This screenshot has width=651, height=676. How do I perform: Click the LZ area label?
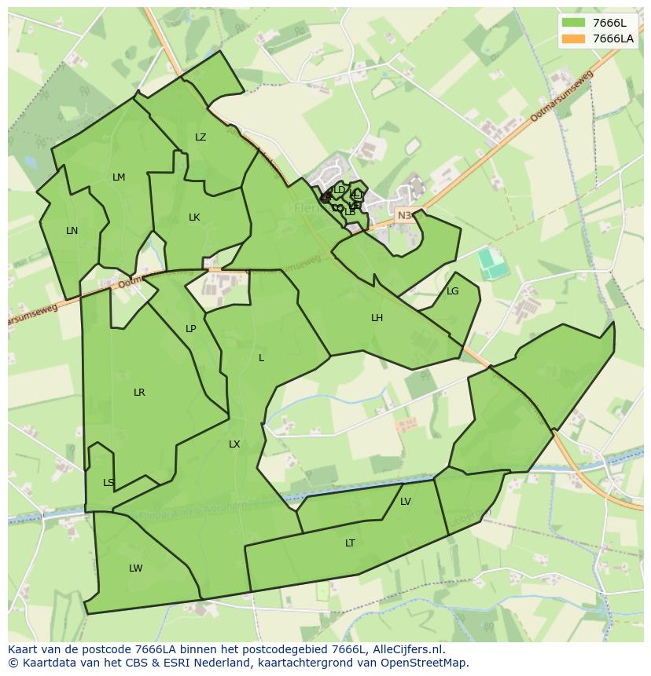(200, 137)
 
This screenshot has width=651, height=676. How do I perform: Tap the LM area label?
(119, 177)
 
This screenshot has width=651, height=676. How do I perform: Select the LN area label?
(72, 231)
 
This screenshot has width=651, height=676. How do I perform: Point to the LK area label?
(194, 217)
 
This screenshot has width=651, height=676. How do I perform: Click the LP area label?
(190, 329)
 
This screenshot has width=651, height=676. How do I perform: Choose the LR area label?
(139, 393)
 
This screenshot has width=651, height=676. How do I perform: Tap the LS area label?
(108, 483)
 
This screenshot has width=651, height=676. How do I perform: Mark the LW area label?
(136, 568)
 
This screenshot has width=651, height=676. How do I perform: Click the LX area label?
(234, 444)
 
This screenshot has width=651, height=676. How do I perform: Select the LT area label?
(350, 543)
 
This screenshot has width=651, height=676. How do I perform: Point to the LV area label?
(406, 502)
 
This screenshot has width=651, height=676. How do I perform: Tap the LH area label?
(377, 318)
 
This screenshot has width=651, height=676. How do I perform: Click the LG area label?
(452, 291)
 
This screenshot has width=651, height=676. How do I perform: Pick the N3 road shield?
(404, 215)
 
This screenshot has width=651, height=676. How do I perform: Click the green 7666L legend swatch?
(574, 23)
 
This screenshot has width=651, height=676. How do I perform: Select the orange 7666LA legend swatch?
(574, 38)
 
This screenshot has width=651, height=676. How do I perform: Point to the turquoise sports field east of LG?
(493, 264)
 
